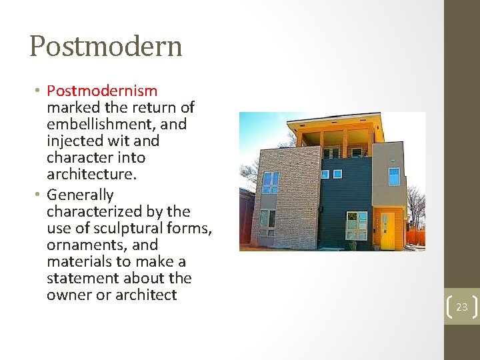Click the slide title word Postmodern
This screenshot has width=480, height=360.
[x=105, y=47]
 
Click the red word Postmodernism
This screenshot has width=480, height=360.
[x=102, y=91]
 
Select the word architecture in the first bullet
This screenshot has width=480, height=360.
[x=90, y=175]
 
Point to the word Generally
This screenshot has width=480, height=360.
[x=80, y=195]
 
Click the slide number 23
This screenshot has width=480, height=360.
[x=462, y=307]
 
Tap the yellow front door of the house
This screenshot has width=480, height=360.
[x=387, y=230]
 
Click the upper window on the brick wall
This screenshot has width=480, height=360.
[x=270, y=181]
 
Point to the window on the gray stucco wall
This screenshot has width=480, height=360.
[x=395, y=176]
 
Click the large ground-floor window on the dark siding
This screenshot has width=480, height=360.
[x=357, y=225]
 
